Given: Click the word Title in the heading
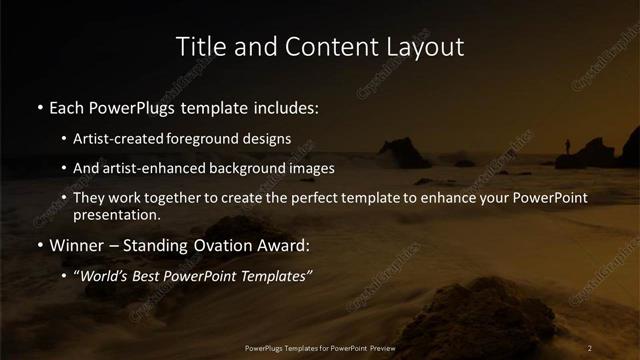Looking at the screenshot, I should pyautogui.click(x=198, y=46).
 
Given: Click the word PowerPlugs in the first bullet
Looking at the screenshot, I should pyautogui.click(x=140, y=107).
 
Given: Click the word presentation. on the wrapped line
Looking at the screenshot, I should pyautogui.click(x=116, y=214).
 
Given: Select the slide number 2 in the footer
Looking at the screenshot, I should pyautogui.click(x=590, y=348).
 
